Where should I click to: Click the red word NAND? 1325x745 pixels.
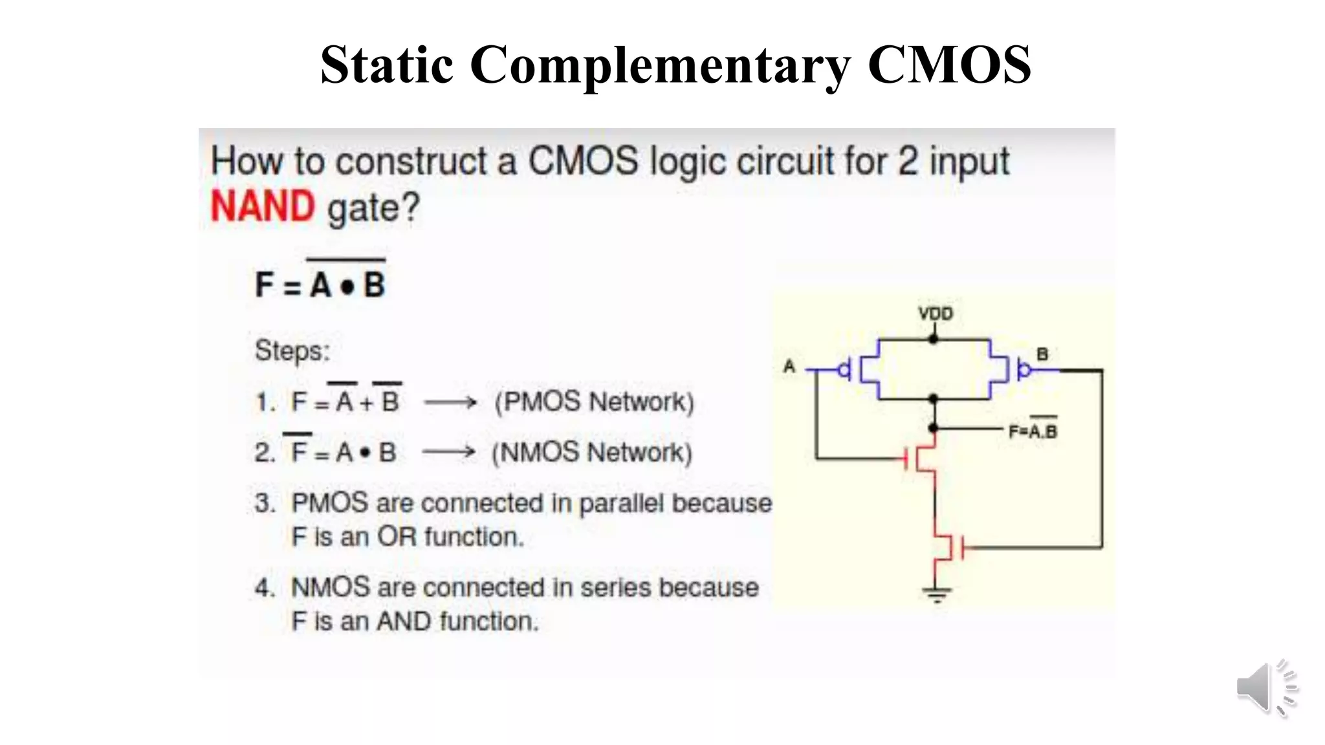click(x=263, y=207)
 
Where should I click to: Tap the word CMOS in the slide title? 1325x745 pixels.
click(x=948, y=65)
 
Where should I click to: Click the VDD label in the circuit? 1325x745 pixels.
click(x=936, y=314)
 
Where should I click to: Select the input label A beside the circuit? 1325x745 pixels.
click(x=789, y=367)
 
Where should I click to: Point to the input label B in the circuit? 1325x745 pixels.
click(x=1042, y=354)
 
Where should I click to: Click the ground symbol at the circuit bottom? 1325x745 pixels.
click(x=936, y=593)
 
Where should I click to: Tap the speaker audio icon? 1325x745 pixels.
click(x=1265, y=688)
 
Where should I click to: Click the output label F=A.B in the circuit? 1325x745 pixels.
click(x=1033, y=431)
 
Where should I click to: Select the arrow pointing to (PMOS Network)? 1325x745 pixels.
click(x=450, y=402)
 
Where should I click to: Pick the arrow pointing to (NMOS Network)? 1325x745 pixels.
click(x=449, y=452)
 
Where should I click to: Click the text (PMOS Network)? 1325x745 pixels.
click(x=594, y=402)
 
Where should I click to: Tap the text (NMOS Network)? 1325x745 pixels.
click(x=592, y=452)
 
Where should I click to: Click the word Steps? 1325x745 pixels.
click(x=292, y=351)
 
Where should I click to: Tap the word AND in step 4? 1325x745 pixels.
click(x=404, y=621)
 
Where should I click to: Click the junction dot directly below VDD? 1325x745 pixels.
click(x=933, y=339)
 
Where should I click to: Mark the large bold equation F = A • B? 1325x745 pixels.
click(x=321, y=285)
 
